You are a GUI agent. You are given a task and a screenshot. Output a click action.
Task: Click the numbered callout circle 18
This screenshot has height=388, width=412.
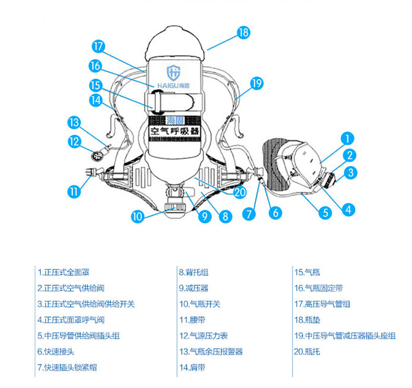pos(243,33)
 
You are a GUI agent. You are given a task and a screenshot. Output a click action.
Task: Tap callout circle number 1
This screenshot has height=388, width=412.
pos(348,138)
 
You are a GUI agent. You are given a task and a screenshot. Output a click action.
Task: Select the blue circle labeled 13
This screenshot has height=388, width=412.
pos(74,123)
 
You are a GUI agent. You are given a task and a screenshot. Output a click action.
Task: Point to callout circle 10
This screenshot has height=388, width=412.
pos(138,216)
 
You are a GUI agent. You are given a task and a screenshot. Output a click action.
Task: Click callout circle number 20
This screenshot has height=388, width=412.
pos(240,192)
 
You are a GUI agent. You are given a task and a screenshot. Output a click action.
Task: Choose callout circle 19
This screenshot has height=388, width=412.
pos(257,84)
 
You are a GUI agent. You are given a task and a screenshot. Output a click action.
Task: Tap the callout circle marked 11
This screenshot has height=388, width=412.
pos(74,192)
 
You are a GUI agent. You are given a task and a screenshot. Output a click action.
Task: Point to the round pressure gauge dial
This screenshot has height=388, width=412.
pos(97,157)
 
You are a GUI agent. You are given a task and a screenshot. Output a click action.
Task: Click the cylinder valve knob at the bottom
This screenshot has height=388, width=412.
pos(176,206)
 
